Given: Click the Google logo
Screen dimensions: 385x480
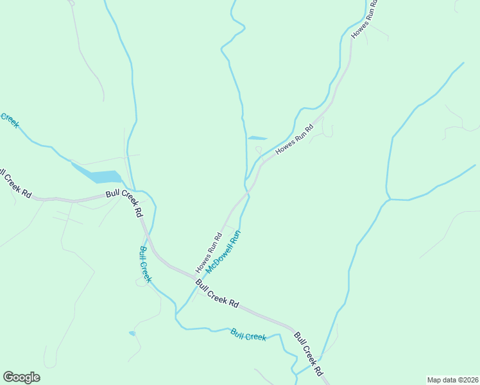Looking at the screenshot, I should point(21,377).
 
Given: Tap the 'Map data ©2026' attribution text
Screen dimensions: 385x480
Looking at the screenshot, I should point(452,379).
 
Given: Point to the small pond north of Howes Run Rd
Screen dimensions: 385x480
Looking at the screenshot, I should point(257,137).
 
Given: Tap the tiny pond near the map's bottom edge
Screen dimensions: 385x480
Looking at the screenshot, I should point(132,333).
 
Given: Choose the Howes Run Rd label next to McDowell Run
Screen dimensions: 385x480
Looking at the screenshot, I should point(209,251).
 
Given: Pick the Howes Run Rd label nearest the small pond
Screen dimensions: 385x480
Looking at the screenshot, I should point(294,139).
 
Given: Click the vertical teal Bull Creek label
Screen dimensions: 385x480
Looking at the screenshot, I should point(146,264).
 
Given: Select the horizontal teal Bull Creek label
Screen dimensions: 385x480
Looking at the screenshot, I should point(248,335).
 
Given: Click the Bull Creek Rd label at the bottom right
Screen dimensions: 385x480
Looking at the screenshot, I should point(310,354).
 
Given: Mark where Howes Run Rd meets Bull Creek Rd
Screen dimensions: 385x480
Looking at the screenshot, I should point(191,277).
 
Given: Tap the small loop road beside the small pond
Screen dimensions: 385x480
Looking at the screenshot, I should point(258,151).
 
